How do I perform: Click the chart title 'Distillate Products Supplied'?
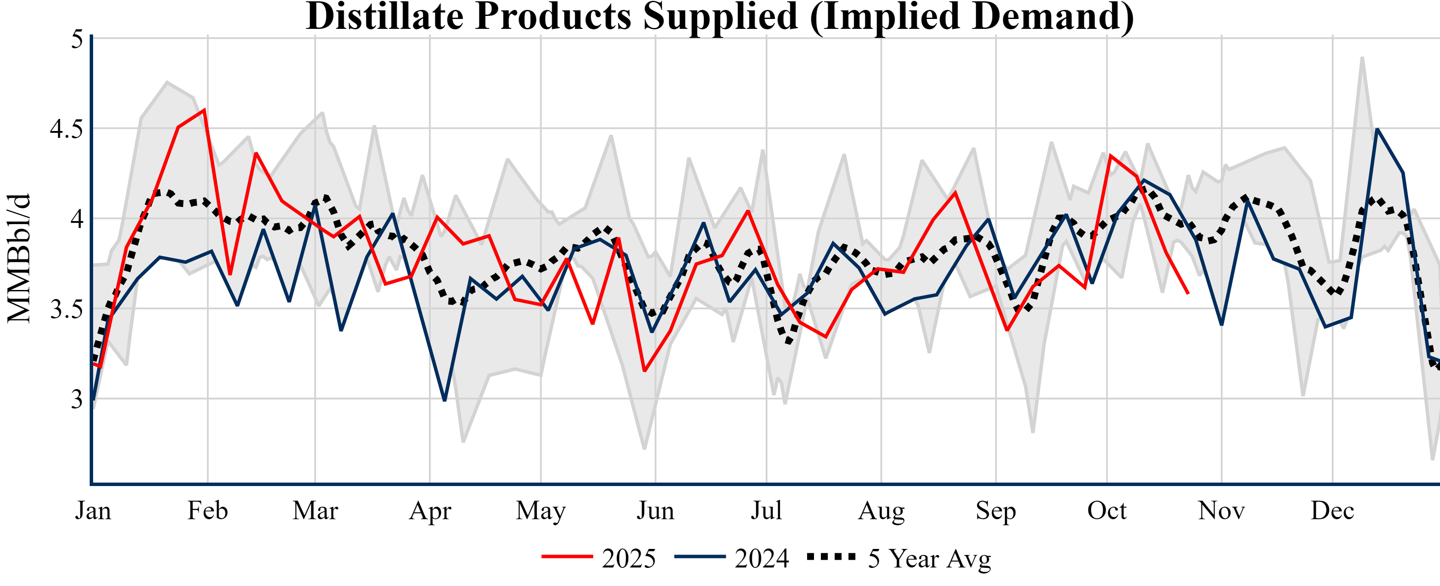720,17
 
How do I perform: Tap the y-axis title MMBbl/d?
19,259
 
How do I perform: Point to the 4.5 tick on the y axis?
66,129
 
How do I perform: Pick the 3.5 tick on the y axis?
66,309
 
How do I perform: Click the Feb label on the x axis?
207,511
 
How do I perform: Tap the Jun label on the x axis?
655,511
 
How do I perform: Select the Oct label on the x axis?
1107,511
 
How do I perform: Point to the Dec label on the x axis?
1333,511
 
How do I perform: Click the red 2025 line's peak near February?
205,109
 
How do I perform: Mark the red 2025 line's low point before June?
645,371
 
